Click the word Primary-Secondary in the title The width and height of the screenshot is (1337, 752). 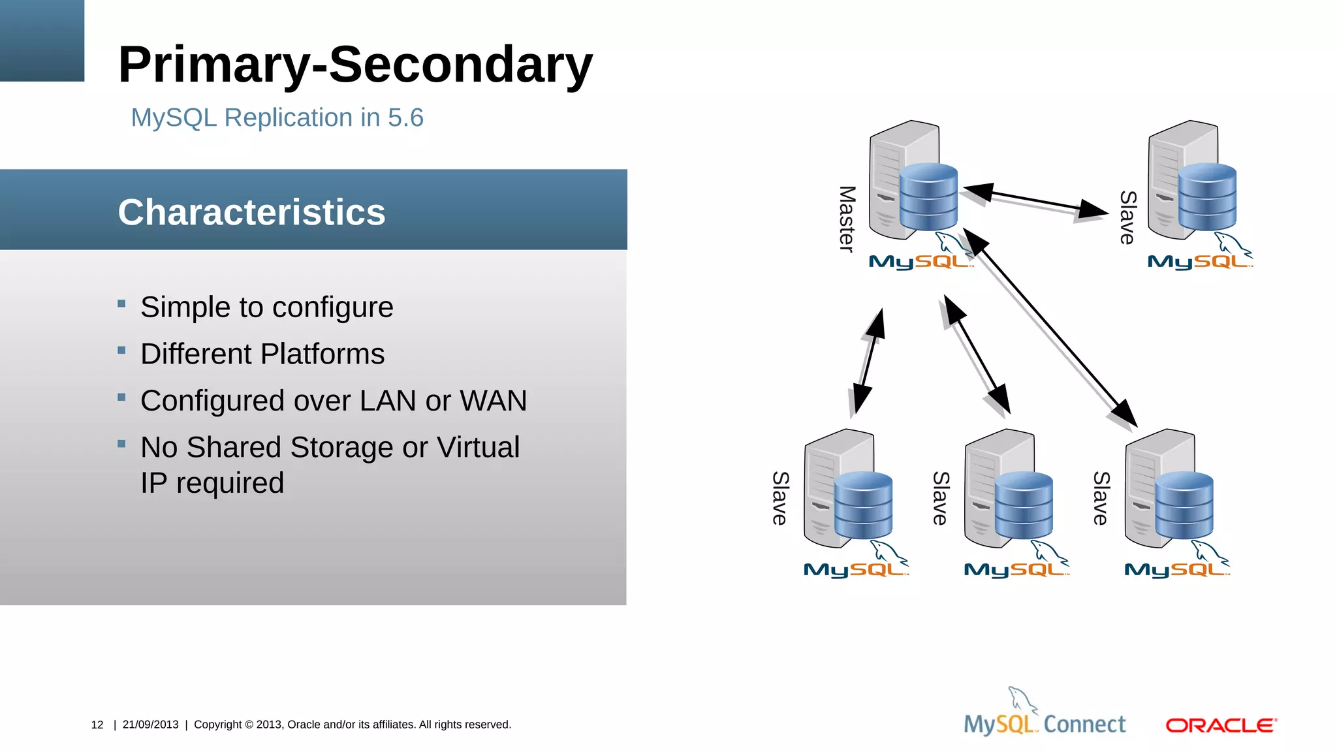(355, 65)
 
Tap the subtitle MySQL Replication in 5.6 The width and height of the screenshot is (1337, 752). (277, 118)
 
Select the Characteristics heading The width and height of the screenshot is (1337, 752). (251, 212)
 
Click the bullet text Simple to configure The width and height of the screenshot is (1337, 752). (266, 307)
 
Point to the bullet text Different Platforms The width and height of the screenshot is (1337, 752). (262, 354)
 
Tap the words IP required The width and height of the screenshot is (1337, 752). (212, 483)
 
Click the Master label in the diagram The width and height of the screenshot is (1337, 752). (847, 219)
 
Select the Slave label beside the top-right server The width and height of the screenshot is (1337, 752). (1127, 217)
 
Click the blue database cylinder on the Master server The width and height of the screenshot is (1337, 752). (928, 196)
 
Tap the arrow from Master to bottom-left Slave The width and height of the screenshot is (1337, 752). (869, 362)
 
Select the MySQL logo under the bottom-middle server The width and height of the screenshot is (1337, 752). (1016, 569)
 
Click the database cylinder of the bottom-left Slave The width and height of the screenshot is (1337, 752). (863, 504)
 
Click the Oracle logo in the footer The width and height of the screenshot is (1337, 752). (1221, 725)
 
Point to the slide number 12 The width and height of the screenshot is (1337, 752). (97, 725)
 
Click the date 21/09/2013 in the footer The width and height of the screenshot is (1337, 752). (150, 725)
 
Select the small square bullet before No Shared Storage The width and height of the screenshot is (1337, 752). (121, 444)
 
